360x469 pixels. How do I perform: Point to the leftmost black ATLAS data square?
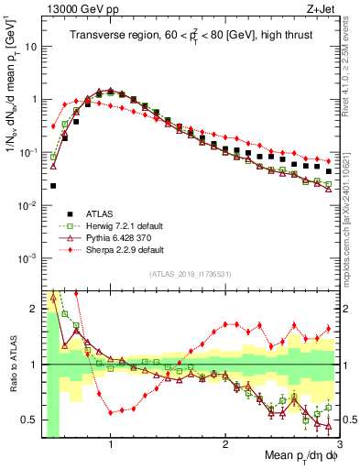point(53,185)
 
